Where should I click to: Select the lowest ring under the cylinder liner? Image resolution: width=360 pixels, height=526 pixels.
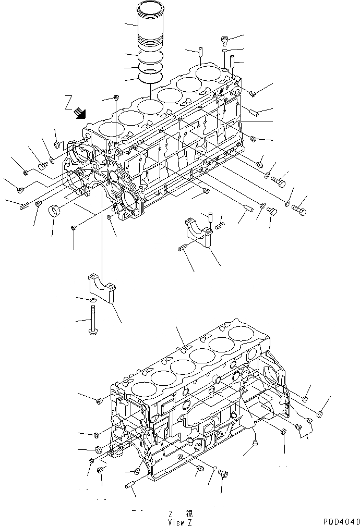(x=150, y=77)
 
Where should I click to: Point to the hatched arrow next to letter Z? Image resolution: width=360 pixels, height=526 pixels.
(x=80, y=112)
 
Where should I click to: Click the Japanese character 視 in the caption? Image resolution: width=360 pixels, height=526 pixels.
(x=188, y=513)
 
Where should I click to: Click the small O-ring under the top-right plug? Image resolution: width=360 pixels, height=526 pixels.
(x=224, y=52)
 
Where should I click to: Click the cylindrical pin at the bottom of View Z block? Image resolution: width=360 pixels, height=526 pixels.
(x=130, y=485)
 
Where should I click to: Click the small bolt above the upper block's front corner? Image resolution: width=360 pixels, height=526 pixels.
(x=116, y=97)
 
